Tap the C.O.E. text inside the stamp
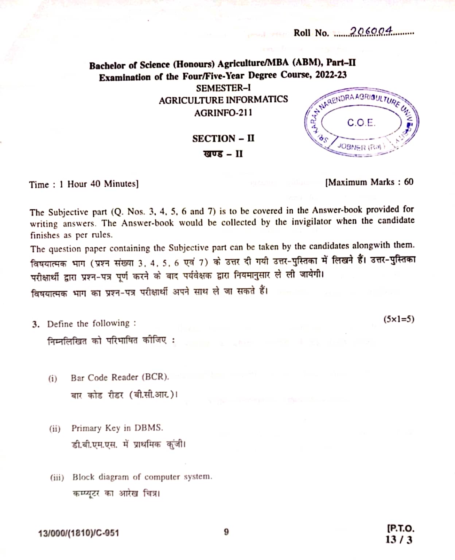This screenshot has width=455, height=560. (x=361, y=123)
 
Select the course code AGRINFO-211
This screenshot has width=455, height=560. (x=223, y=113)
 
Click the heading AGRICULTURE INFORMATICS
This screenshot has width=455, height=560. (x=223, y=100)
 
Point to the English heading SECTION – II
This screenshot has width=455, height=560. (x=223, y=139)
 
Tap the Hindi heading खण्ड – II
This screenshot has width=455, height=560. (x=223, y=153)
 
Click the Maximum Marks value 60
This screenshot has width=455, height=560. (x=408, y=182)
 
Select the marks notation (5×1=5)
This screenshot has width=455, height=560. (x=398, y=319)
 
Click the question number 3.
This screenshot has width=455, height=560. (x=35, y=324)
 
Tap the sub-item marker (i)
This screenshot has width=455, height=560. (x=53, y=378)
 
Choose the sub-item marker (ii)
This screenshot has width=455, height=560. (x=55, y=428)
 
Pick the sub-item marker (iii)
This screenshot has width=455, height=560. (x=57, y=478)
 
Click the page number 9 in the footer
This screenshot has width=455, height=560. (x=226, y=532)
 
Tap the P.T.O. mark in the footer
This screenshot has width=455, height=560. (x=400, y=528)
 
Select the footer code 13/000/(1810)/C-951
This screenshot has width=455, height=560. (x=79, y=533)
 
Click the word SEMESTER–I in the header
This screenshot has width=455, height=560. (x=223, y=88)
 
